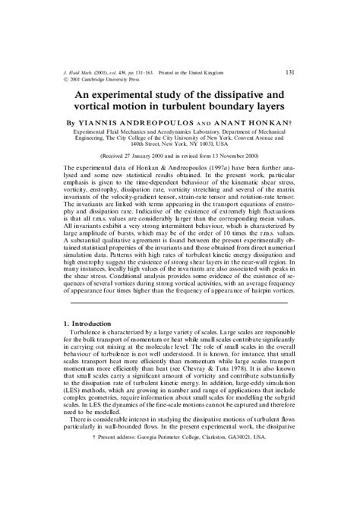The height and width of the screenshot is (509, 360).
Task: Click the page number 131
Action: coord(289,72)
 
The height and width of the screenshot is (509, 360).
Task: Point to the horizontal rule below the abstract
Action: coord(180,302)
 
